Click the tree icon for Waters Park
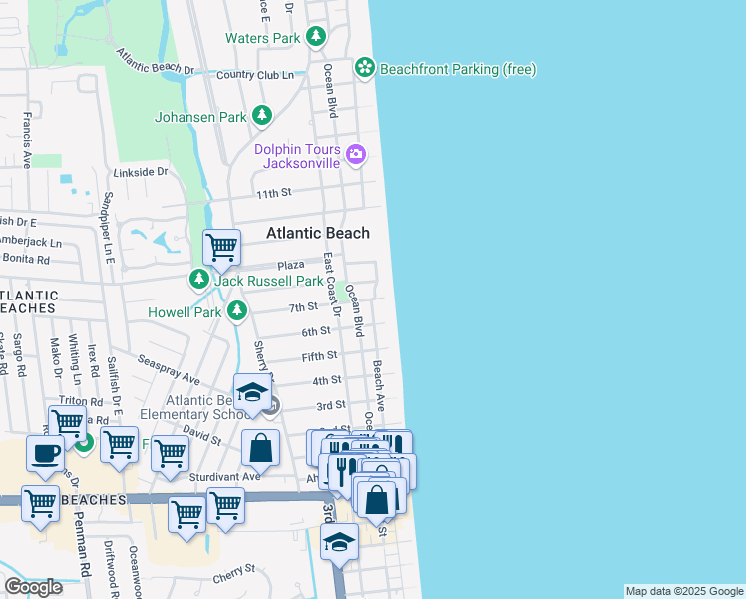click(316, 38)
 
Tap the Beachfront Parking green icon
click(365, 68)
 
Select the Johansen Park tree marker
click(262, 117)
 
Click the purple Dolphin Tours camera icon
click(356, 153)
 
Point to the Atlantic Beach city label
click(317, 233)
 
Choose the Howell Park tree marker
click(236, 312)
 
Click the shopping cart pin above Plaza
click(220, 246)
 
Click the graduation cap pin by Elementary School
click(253, 391)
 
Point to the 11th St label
click(272, 192)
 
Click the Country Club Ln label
click(255, 75)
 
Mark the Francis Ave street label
click(24, 142)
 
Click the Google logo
click(33, 587)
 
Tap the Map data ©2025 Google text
click(684, 591)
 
